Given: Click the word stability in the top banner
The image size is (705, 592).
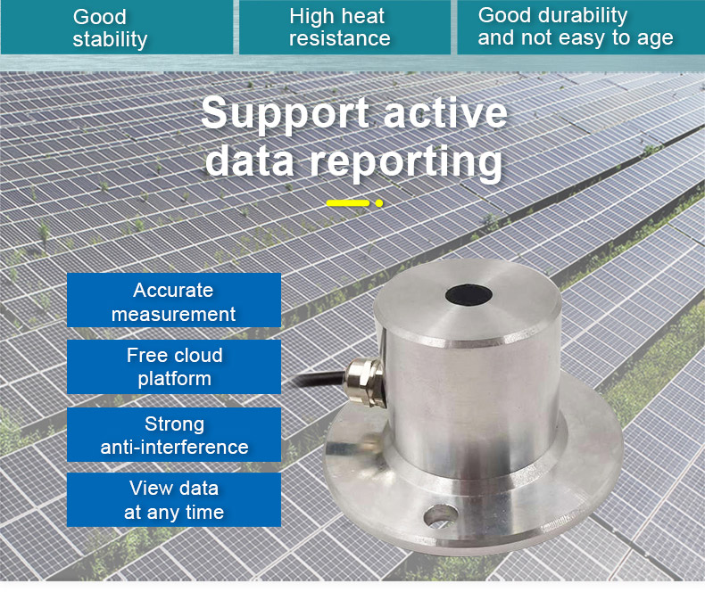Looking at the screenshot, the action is point(110,39).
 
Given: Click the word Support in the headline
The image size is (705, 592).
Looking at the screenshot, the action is point(285,113).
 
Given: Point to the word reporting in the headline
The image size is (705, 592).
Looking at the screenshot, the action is point(406,162).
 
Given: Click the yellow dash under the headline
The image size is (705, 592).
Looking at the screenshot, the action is point(348,203).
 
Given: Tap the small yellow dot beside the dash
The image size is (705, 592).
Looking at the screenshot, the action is point(379,203).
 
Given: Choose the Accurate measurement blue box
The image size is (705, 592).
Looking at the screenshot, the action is point(174,300).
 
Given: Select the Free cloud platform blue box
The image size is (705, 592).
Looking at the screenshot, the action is point(174,367).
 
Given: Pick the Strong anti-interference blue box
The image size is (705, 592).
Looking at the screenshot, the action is point(174,435).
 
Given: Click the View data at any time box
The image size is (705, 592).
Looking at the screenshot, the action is point(174,499).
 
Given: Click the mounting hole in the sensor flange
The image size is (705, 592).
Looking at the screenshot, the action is point(440,515).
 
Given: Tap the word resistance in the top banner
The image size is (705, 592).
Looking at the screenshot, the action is point(339,38).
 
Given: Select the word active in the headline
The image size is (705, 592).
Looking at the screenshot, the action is point(445,112).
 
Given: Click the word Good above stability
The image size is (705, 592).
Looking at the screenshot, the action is point(99,17).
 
